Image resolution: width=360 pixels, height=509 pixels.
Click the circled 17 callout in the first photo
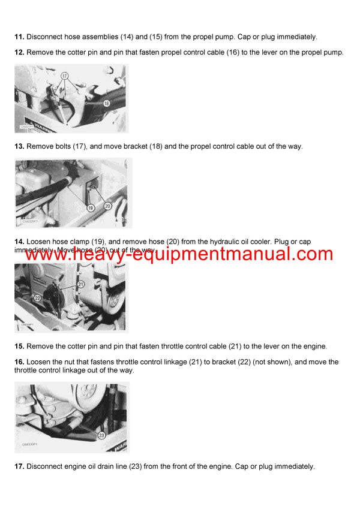65,77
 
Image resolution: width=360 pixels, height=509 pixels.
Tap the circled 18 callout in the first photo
107,104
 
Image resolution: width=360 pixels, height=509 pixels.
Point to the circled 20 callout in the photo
108,205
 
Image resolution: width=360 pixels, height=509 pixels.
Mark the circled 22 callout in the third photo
37,298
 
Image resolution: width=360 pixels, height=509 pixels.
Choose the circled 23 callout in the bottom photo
101,435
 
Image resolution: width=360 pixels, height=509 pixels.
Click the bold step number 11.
19,37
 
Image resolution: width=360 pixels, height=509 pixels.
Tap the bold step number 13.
19,146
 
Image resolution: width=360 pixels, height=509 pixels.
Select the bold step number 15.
19,347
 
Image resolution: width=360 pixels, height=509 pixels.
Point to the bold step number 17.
19,466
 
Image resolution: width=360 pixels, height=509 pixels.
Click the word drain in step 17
102,466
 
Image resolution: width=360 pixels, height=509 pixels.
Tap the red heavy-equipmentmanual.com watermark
179,254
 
